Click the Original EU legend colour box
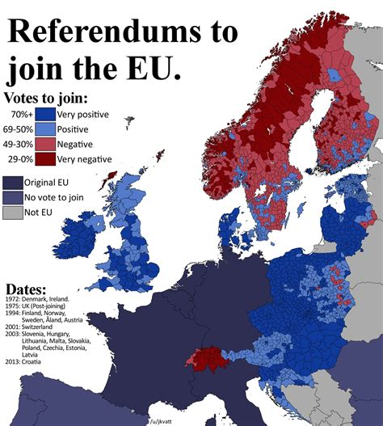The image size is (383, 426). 12,183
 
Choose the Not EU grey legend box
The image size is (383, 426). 12,213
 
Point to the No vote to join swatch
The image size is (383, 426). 12,197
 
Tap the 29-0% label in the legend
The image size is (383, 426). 23,159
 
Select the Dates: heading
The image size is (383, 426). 26,289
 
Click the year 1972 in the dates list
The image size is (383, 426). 12,299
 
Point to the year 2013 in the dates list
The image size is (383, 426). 12,361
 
